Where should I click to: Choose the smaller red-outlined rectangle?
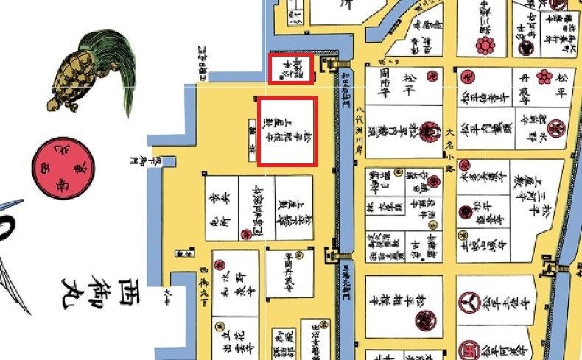pos(291,68)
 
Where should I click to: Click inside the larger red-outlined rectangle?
pos(287,131)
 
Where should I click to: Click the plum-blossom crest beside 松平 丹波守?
pos(544,77)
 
